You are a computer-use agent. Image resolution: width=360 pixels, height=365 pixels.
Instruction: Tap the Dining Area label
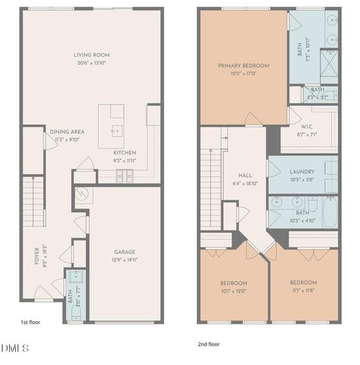point(67,132)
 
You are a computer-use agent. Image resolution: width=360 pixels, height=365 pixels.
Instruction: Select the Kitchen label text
point(125,152)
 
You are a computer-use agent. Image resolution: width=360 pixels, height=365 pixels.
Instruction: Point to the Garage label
point(125,252)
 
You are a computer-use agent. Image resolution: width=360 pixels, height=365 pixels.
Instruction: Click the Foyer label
point(36,255)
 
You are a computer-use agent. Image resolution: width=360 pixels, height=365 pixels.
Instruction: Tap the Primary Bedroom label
point(243,65)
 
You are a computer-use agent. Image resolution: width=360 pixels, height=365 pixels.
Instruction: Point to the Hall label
point(245,174)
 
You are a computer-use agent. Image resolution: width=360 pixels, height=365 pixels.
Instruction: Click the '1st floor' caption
point(29,322)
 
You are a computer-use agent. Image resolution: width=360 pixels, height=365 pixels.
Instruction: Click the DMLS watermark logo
point(15,349)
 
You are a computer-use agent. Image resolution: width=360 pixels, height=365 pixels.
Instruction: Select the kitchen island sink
point(115,129)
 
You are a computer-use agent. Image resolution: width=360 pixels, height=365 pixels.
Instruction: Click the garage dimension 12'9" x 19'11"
point(125,260)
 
